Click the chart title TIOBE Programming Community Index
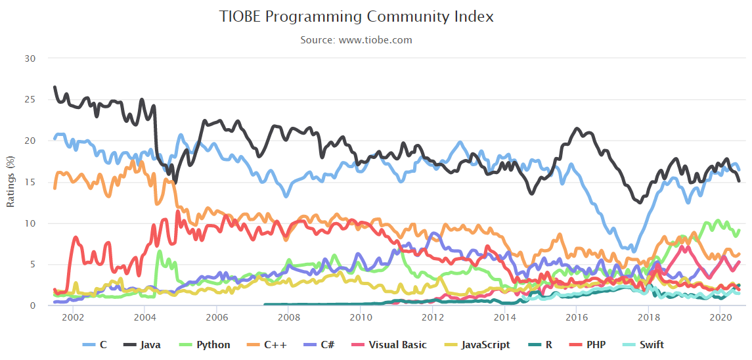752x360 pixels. click(x=356, y=16)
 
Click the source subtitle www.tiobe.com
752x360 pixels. click(x=356, y=40)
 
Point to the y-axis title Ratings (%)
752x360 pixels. click(x=11, y=182)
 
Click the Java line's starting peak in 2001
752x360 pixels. click(x=55, y=87)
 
